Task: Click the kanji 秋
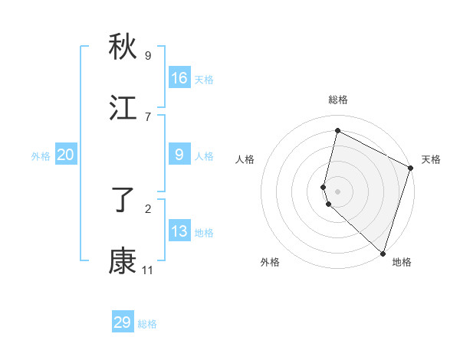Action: tap(123, 47)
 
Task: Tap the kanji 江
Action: tap(123, 108)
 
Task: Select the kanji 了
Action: tap(123, 200)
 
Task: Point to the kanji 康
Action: tap(123, 261)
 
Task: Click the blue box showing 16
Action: tap(179, 78)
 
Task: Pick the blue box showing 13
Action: tap(179, 231)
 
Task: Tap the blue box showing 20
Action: tap(66, 155)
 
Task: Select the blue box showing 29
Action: tap(123, 322)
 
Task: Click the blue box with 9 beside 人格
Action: tap(179, 155)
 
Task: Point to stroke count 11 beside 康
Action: tap(147, 270)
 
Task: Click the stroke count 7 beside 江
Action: tap(147, 116)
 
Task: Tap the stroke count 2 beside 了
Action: tap(147, 208)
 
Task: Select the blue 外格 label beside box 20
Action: tap(41, 156)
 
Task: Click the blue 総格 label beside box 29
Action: tap(147, 324)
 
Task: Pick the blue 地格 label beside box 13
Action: tap(204, 233)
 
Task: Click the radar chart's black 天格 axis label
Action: tap(431, 159)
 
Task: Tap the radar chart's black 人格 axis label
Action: tap(245, 159)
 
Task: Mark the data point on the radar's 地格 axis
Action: tap(382, 252)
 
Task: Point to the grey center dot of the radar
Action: tap(337, 190)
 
